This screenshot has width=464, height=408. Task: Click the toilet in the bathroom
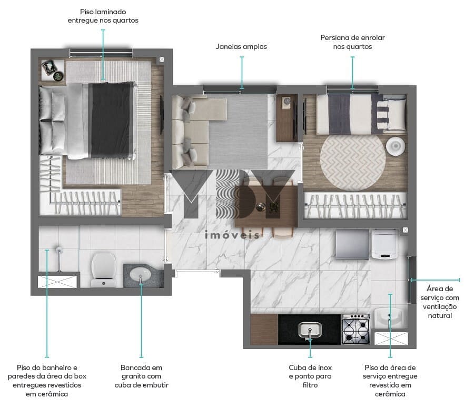point(104,270)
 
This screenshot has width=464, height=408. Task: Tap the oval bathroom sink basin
point(141,274)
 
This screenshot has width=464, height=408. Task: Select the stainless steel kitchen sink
point(310,330)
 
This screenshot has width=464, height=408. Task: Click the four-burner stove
point(356,330)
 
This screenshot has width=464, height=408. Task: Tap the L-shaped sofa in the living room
point(195,131)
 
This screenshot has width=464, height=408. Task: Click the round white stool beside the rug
point(396,146)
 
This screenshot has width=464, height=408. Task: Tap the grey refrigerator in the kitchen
point(352,244)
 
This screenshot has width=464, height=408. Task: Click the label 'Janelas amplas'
point(241,46)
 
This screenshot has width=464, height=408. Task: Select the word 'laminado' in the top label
point(111,12)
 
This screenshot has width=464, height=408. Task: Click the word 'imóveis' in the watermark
point(232,235)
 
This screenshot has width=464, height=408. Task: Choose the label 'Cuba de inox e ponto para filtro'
point(310,376)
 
